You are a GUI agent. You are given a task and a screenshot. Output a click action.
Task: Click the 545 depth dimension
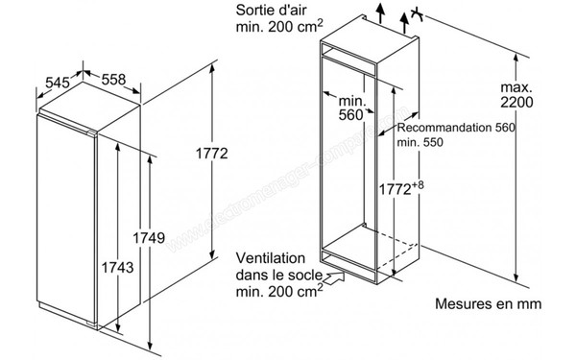(58, 84)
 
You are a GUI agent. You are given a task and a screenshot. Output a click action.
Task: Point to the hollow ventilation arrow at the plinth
(334, 281)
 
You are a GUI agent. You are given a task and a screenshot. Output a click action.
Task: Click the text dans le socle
(275, 276)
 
